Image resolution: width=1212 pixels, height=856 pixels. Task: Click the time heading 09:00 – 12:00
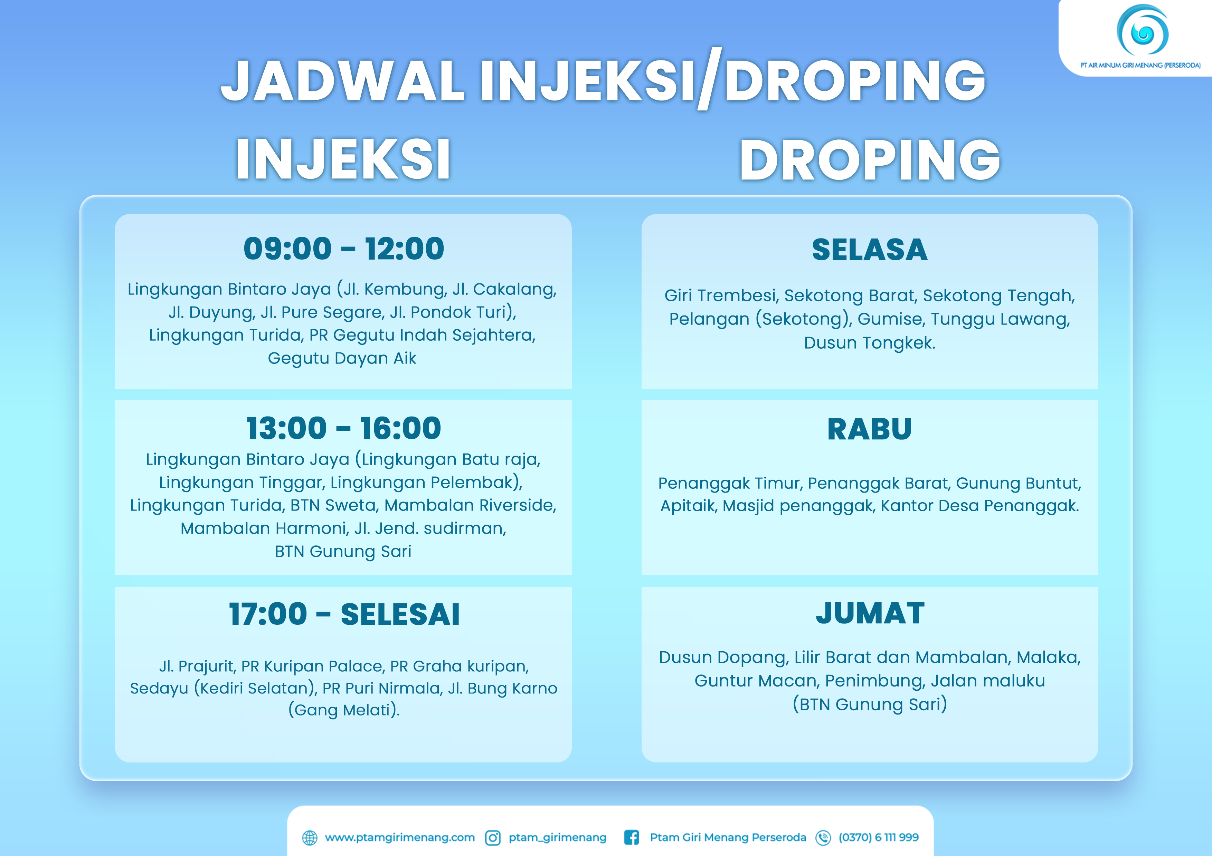(x=344, y=249)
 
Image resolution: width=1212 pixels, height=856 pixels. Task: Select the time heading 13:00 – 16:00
(x=344, y=428)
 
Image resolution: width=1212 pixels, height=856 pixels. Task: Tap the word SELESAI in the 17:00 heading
(x=400, y=614)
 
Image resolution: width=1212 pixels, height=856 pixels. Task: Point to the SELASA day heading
(x=869, y=250)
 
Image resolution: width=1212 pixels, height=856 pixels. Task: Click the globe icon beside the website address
(x=310, y=838)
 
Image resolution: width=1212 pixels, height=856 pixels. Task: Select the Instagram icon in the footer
(x=493, y=838)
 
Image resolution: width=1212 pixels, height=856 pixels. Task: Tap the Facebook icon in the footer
(x=631, y=838)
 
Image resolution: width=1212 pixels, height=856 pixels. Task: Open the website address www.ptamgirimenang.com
(x=400, y=838)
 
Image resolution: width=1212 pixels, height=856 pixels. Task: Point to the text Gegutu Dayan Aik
(x=342, y=358)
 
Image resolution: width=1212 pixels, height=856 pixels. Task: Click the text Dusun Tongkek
(x=869, y=343)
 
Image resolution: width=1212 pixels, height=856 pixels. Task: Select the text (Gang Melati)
(x=344, y=710)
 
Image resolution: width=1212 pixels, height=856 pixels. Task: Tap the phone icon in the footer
(x=823, y=838)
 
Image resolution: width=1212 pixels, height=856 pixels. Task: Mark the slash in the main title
(x=709, y=79)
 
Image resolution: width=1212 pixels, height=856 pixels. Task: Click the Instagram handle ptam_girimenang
(x=557, y=838)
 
